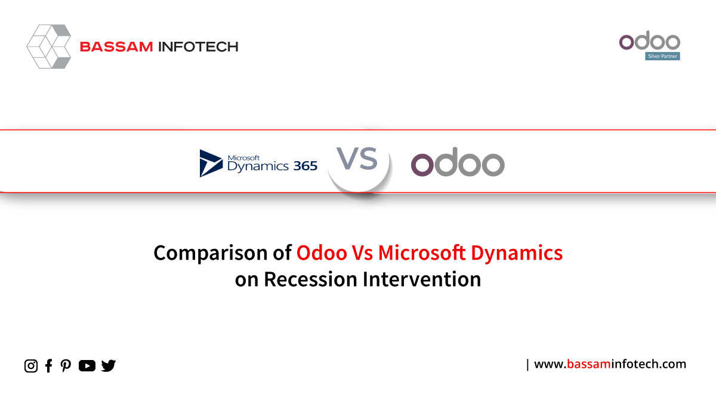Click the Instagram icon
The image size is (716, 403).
pos(31,365)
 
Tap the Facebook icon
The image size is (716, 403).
pos(48,365)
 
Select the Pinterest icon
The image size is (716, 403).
pos(66,365)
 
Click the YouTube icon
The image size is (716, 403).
pos(87,365)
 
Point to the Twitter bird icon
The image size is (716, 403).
pos(109,365)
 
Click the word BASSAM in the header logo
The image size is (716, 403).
pos(116,47)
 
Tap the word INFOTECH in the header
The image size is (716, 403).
pos(199,47)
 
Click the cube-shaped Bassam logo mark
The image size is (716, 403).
pos(48,47)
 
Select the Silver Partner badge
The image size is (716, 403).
pos(662,56)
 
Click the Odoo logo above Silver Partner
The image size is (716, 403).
pos(650,41)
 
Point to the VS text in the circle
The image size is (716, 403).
pos(357,159)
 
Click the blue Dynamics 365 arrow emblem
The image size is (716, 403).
pos(211,163)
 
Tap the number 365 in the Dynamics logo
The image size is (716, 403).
pos(305,166)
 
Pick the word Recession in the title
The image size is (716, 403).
pos(310,279)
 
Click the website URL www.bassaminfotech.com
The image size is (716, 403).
pos(610,364)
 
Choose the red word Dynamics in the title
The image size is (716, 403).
pos(517,253)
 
